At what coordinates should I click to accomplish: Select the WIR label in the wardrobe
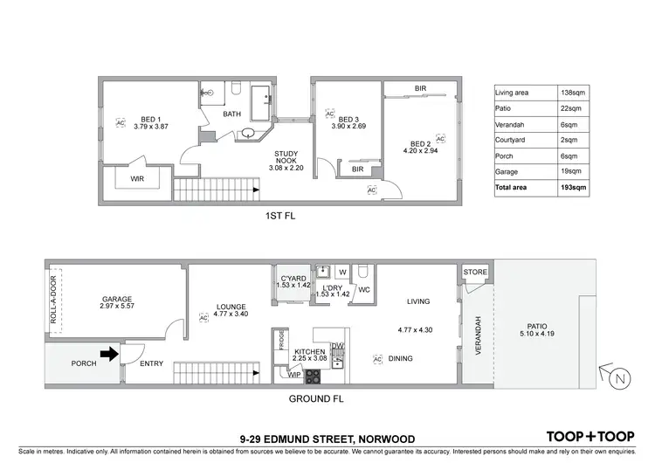tap(136, 177)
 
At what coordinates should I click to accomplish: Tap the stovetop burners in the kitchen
tap(312, 377)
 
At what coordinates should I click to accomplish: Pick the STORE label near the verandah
tap(476, 273)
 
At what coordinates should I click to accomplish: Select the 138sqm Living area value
tap(573, 93)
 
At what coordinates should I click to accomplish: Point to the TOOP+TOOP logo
tap(589, 436)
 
